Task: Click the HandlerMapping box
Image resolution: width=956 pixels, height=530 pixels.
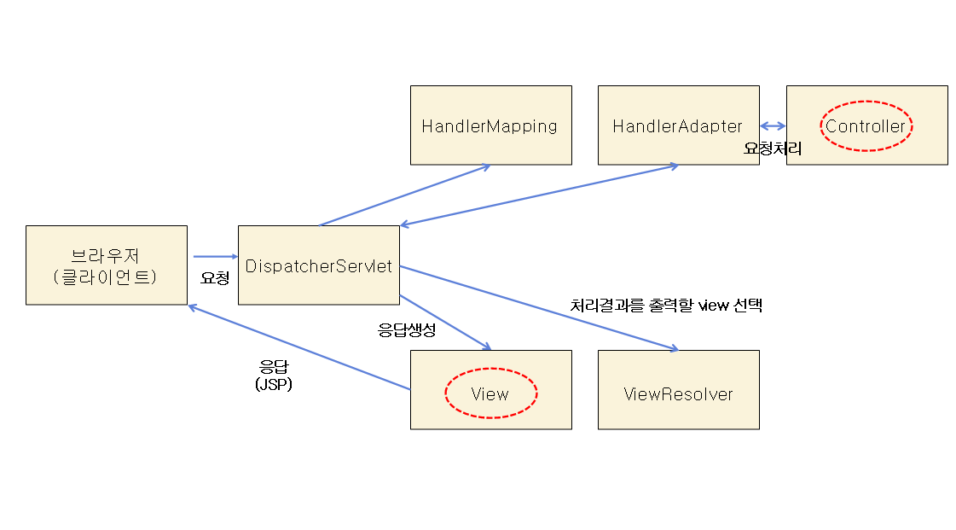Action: [x=490, y=125]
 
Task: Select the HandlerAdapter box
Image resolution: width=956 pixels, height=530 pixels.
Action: [x=678, y=125]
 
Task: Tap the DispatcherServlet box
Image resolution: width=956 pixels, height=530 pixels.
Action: [x=318, y=265]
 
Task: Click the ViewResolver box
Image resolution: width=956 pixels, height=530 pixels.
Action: [x=678, y=393]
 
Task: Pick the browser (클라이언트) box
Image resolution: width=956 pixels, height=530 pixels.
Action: [x=106, y=265]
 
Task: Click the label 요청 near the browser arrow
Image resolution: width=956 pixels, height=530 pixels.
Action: [x=214, y=278]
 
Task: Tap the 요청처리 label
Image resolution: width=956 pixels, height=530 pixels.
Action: [x=773, y=148]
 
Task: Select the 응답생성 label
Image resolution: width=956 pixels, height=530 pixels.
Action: [x=407, y=330]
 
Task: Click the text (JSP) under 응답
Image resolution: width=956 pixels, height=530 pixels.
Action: [x=274, y=384]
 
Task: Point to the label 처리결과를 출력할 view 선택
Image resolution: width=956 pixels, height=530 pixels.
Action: [x=665, y=306]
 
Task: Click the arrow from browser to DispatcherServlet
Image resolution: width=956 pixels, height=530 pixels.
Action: [x=215, y=256]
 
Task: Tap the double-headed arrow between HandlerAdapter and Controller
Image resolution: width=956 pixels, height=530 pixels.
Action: [x=773, y=126]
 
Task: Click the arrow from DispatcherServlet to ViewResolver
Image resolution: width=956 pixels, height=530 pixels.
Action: [x=537, y=307]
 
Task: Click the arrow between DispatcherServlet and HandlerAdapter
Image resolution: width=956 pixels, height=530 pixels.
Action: [x=539, y=195]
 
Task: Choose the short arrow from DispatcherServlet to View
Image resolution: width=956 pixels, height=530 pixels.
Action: [x=445, y=322]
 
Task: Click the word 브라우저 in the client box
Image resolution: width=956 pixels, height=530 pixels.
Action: [x=106, y=255]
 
